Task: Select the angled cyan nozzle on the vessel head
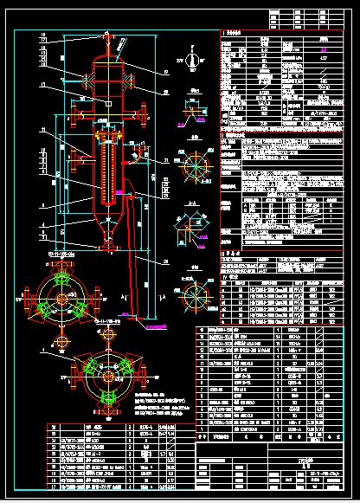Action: (x=119, y=43)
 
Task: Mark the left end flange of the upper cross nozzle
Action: (x=74, y=112)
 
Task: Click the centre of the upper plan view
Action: (x=61, y=300)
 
